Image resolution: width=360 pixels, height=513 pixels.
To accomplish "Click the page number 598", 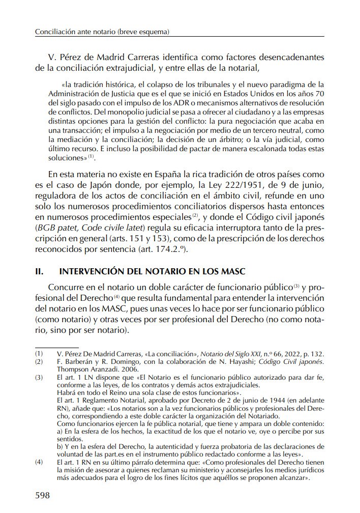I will [42, 495].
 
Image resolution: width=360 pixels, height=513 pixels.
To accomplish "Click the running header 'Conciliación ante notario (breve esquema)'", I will [102, 32].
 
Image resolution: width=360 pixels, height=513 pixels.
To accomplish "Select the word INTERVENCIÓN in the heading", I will [88, 272].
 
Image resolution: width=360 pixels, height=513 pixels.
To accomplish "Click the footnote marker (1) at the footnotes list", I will [39, 353].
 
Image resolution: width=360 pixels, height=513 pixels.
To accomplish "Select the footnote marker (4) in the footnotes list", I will [39, 463].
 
